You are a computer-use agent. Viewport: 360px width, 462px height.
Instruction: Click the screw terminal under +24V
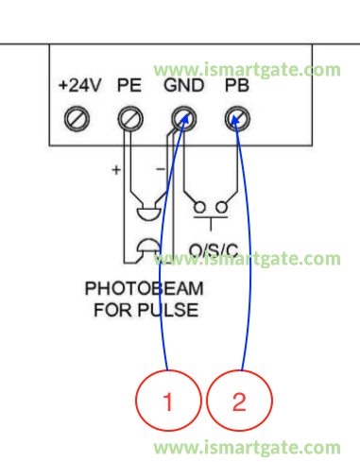click(77, 119)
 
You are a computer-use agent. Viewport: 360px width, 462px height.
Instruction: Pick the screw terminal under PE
click(129, 119)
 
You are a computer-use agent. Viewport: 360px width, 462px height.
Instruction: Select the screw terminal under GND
click(182, 119)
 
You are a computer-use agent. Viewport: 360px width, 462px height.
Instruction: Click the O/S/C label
click(211, 250)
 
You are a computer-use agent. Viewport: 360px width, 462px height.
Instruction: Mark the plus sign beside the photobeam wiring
click(116, 171)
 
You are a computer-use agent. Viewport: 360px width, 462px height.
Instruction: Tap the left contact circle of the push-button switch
click(199, 207)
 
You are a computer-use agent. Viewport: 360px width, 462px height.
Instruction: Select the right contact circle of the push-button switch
click(224, 207)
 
